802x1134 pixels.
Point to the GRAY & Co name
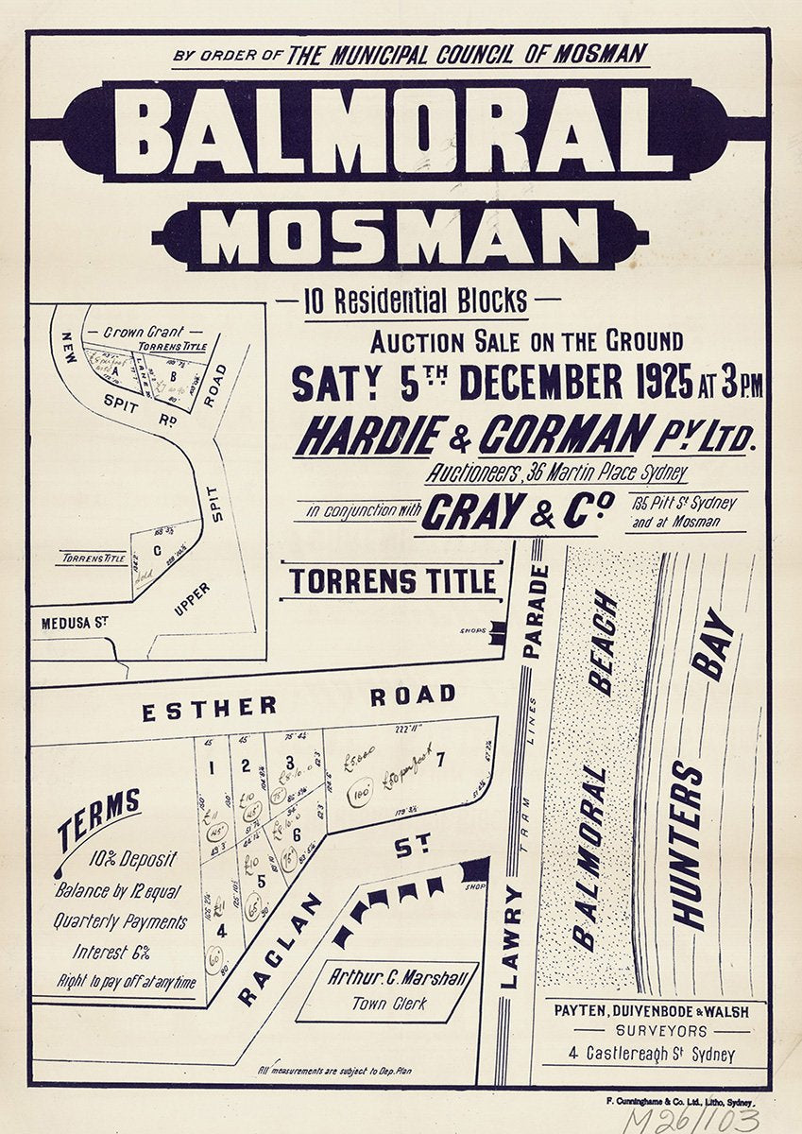[518, 511]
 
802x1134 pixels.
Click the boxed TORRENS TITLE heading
[392, 581]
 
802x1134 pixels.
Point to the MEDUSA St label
[76, 624]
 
